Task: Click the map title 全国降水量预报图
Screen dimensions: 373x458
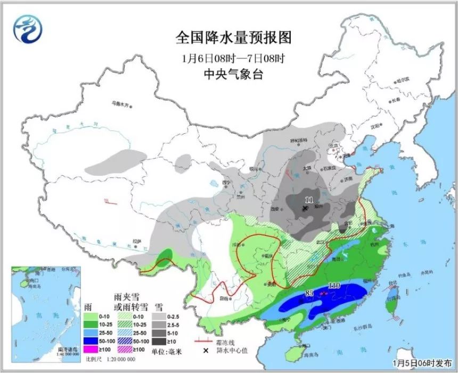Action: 234,38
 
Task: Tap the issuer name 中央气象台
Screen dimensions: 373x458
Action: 234,75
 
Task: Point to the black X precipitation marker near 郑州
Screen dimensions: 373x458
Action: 305,209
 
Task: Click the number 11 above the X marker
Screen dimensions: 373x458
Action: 309,200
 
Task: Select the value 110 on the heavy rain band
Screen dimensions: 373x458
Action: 334,286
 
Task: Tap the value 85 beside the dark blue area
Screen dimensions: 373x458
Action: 309,293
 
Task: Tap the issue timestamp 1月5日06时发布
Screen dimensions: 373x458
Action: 423,363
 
